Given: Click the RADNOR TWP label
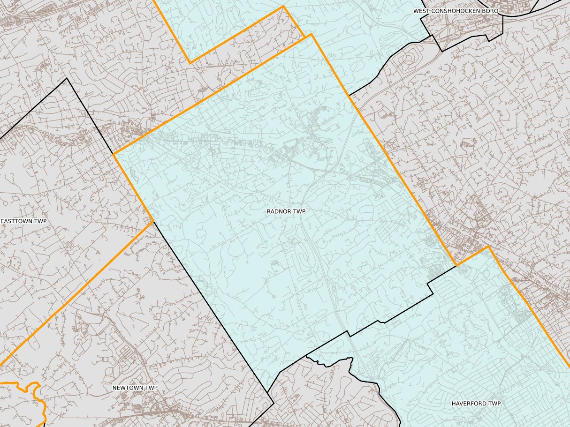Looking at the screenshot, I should coord(286,211).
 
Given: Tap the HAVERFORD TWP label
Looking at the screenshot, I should coord(476,404).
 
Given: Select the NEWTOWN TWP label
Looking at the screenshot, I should coord(135,388).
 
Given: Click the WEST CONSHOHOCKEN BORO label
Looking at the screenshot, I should coord(455,10).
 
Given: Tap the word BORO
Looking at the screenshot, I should coord(490,10).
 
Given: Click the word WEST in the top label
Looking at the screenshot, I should coord(421,10).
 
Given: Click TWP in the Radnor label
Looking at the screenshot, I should coord(299,211).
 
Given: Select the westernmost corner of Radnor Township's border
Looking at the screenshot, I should coord(114,154).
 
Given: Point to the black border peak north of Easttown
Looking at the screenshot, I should coord(67,78).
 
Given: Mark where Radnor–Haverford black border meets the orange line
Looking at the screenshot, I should coord(456,266).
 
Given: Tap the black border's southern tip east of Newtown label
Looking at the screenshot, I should coord(274,404).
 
